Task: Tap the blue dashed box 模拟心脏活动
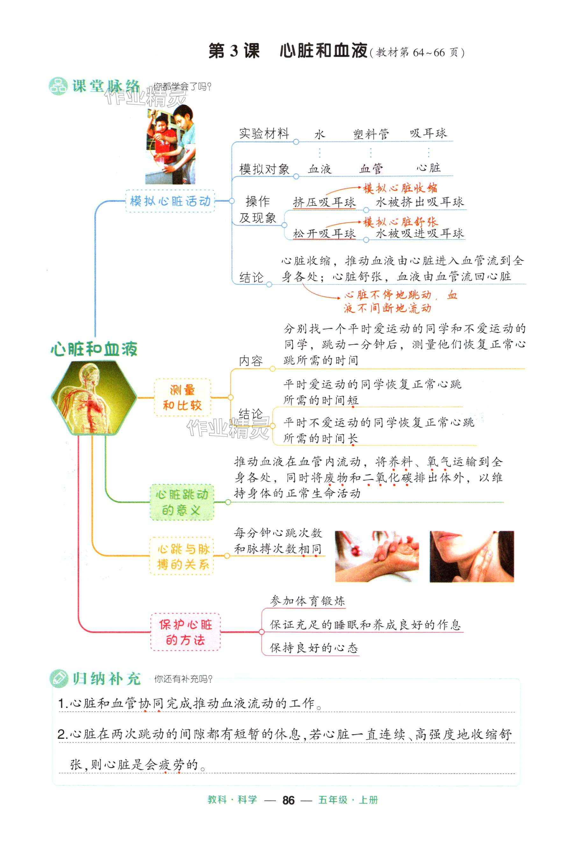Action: [x=170, y=201]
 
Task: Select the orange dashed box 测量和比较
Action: [x=182, y=398]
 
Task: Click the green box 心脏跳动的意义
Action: [x=182, y=502]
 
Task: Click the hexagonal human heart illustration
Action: [x=94, y=398]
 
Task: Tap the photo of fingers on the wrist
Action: [x=377, y=556]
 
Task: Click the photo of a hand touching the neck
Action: [x=472, y=556]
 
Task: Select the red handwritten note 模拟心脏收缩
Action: [x=400, y=188]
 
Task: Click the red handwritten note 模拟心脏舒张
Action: [x=400, y=221]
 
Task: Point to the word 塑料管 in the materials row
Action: [x=371, y=134]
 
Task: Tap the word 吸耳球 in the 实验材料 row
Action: [x=428, y=133]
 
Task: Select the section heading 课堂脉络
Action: [x=105, y=86]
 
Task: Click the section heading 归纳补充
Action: [x=106, y=678]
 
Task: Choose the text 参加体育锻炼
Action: [x=307, y=601]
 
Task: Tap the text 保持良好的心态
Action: [x=314, y=648]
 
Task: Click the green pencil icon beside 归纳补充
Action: [x=59, y=678]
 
